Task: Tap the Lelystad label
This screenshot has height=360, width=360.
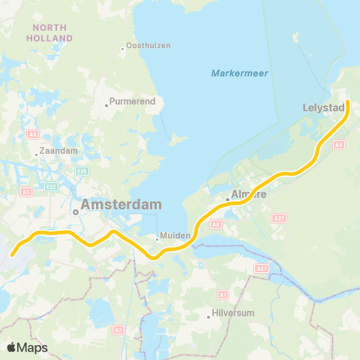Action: (x=323, y=107)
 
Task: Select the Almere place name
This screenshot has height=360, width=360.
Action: (x=250, y=194)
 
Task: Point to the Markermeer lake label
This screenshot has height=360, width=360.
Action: (x=240, y=73)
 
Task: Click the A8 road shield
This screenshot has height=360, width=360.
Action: (x=33, y=134)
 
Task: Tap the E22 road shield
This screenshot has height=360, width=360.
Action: (x=51, y=186)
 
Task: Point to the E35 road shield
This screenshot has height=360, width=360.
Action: (x=83, y=172)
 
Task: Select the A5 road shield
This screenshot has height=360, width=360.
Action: (x=26, y=192)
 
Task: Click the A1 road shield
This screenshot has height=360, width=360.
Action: (x=223, y=295)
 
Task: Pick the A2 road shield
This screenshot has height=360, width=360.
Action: (x=118, y=329)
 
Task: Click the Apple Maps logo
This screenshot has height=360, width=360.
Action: (x=27, y=347)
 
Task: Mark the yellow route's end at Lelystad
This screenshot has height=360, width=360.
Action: (x=348, y=114)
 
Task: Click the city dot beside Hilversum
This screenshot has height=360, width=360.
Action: (x=208, y=316)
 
